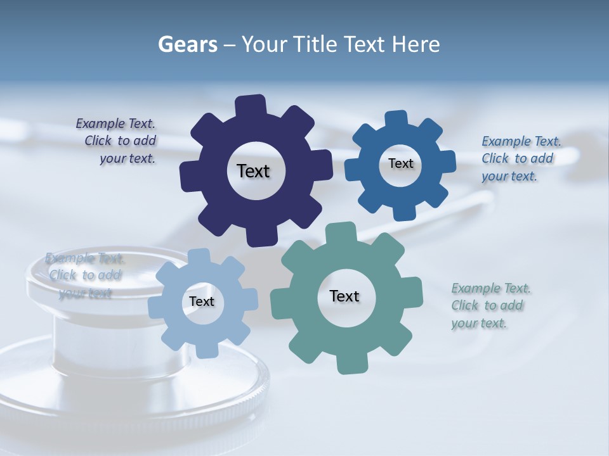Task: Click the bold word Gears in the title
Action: (188, 44)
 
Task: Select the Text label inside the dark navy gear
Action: (253, 171)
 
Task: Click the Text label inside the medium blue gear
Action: (400, 163)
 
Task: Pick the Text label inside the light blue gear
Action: (202, 302)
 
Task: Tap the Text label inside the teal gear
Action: (344, 296)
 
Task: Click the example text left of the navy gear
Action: (120, 141)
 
